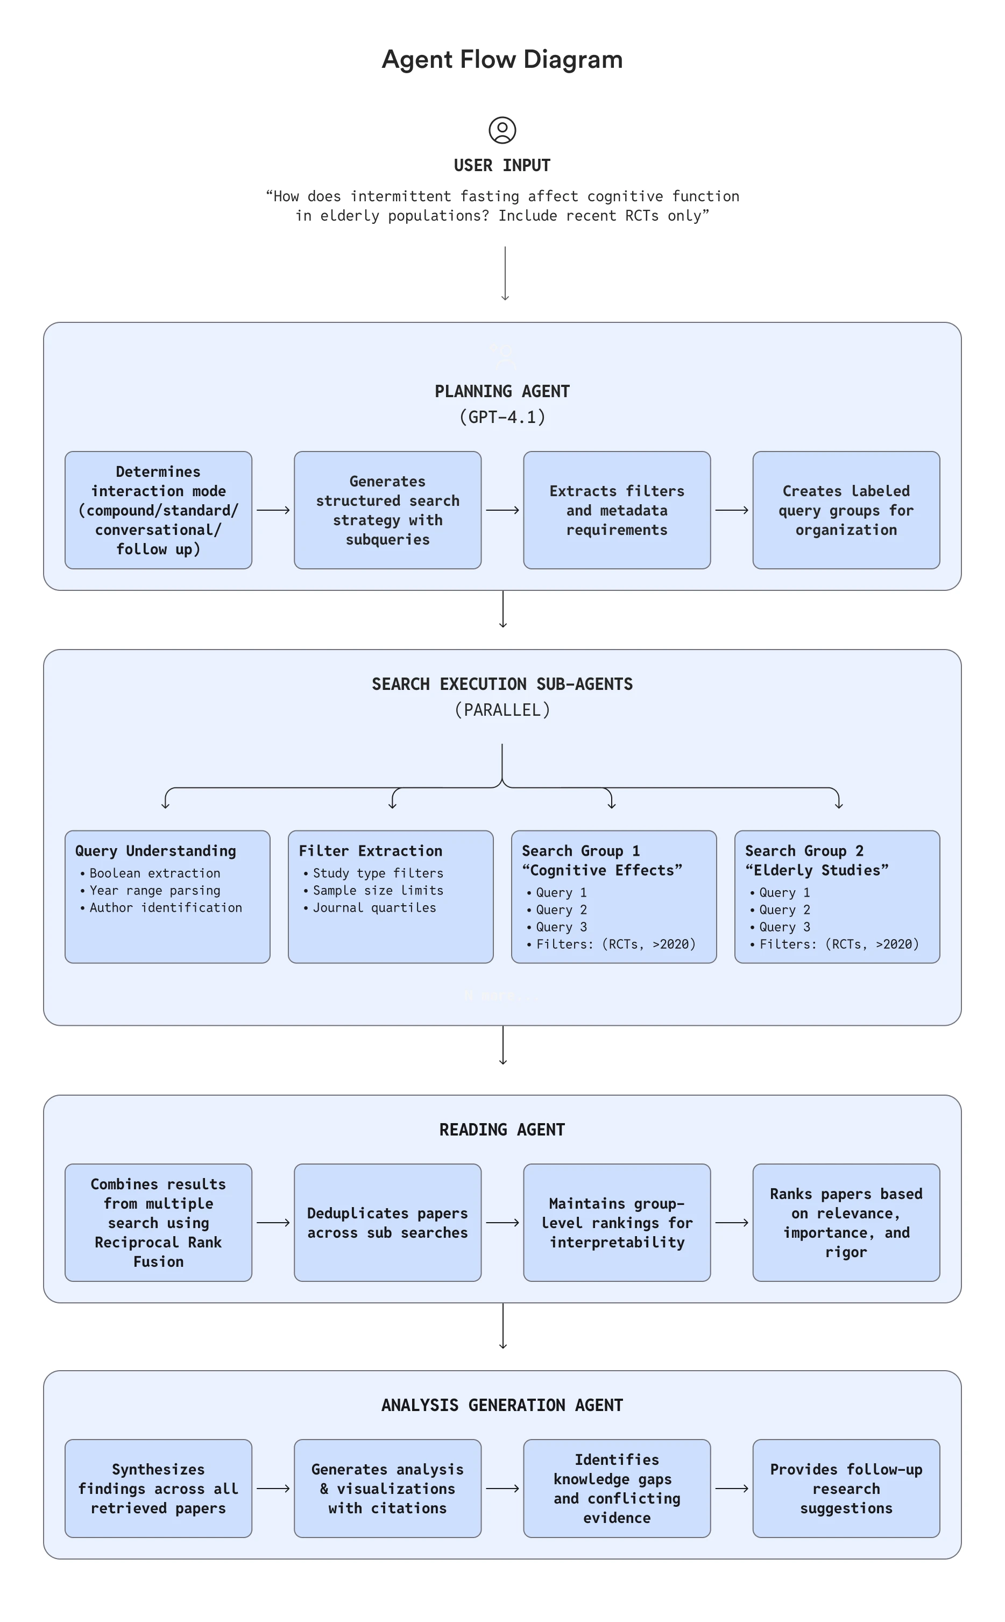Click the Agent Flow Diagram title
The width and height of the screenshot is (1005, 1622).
(502, 59)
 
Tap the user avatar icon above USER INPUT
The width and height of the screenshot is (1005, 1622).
(502, 130)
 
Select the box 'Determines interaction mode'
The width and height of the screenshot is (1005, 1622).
(158, 510)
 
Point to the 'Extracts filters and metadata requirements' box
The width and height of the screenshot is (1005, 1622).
(616, 510)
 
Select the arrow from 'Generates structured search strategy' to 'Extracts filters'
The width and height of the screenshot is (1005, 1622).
(502, 510)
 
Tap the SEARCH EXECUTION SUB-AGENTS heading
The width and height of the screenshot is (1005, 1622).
(502, 684)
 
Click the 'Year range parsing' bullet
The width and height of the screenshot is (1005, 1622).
(154, 890)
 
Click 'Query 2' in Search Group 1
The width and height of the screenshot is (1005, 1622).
(561, 909)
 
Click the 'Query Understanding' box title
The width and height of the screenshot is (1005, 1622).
(155, 851)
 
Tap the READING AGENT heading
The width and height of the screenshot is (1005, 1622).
(502, 1130)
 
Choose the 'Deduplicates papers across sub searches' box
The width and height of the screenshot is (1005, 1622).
(387, 1223)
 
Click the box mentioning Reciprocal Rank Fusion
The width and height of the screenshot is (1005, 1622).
(158, 1223)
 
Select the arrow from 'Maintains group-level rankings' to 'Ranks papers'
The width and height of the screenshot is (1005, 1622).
(731, 1223)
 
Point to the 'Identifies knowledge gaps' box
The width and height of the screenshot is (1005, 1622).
(616, 1489)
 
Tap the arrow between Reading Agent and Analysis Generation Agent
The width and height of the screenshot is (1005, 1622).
(502, 1325)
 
